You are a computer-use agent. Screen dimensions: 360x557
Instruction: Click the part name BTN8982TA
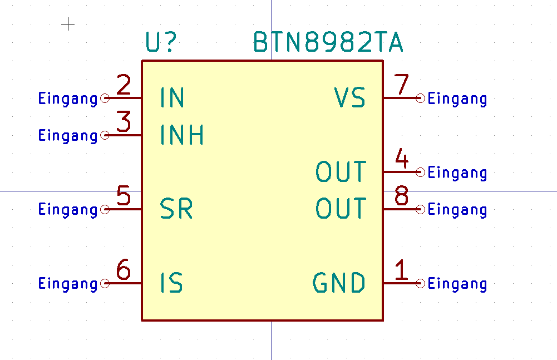tap(328, 42)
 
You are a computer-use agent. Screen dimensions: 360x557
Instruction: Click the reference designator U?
tap(161, 43)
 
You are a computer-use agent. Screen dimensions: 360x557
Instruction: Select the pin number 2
tap(124, 86)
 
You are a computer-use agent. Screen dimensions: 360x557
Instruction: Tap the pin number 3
tap(124, 122)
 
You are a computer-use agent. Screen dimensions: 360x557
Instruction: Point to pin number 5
tap(124, 196)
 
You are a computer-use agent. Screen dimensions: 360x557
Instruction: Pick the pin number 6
tap(124, 270)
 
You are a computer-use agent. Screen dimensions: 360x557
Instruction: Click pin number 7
tap(401, 85)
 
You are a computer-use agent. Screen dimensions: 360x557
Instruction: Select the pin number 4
tap(401, 160)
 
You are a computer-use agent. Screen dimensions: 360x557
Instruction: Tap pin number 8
tap(401, 196)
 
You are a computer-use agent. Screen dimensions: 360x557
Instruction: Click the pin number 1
tap(401, 270)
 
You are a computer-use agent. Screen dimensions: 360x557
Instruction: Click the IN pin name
tap(172, 98)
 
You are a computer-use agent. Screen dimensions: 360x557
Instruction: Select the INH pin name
tap(182, 135)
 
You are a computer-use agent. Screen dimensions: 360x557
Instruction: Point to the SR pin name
tap(176, 209)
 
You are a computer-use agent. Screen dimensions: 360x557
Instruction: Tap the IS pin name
tap(171, 283)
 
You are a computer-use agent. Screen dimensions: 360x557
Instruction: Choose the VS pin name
tap(350, 98)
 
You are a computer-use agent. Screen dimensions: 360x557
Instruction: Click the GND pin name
tap(339, 283)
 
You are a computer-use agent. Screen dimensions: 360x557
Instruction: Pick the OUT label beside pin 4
tap(341, 172)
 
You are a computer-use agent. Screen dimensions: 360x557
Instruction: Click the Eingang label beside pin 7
tap(457, 99)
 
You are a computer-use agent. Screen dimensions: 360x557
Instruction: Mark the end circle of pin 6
tap(105, 284)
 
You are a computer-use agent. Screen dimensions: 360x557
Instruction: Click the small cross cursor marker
tap(68, 24)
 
